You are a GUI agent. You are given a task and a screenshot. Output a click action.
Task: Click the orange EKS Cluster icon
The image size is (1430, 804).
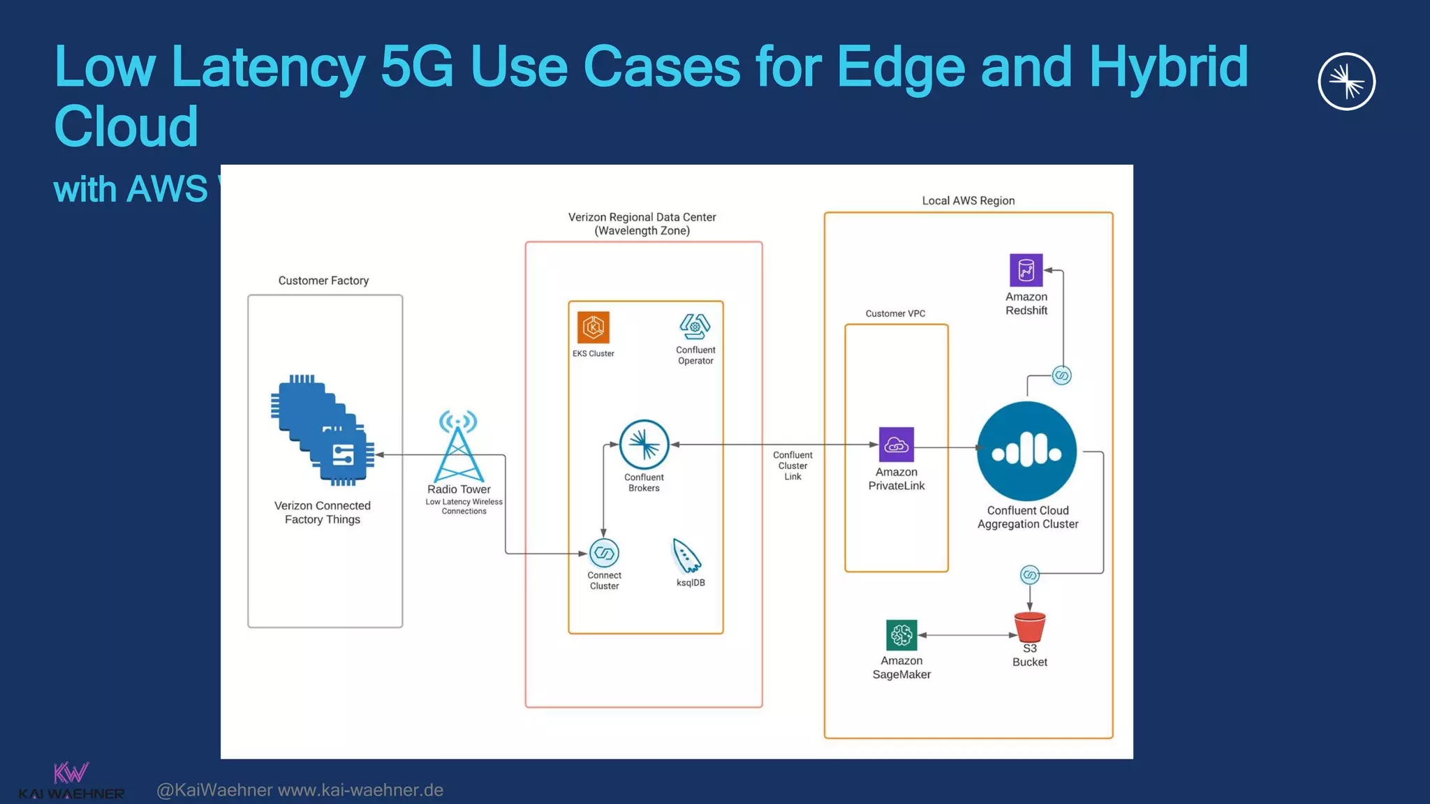click(593, 327)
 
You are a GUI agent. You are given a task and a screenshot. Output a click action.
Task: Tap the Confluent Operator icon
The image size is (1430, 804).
click(695, 327)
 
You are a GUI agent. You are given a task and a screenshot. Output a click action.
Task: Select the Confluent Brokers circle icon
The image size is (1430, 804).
click(644, 445)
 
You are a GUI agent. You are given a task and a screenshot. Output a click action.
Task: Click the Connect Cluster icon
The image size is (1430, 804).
click(604, 553)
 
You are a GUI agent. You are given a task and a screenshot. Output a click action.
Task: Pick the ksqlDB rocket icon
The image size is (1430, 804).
click(686, 556)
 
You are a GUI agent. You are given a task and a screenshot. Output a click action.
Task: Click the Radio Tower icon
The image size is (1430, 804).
click(458, 446)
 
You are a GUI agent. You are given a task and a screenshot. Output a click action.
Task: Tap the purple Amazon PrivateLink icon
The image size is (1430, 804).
click(896, 445)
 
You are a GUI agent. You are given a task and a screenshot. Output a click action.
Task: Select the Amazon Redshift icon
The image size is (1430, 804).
click(1026, 270)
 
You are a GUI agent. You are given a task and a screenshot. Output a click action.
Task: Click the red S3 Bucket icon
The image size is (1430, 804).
click(1029, 627)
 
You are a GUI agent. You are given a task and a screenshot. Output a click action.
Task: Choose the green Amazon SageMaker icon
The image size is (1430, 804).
click(901, 635)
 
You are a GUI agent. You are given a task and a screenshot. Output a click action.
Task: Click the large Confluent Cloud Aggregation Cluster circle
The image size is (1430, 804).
click(1026, 451)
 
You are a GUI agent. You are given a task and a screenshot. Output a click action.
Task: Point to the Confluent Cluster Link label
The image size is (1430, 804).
click(793, 466)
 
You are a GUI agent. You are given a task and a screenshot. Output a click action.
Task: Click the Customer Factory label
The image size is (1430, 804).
click(323, 281)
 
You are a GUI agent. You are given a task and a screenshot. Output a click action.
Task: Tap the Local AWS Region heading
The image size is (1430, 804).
click(968, 201)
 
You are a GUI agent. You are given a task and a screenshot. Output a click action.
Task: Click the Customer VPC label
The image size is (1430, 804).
click(895, 313)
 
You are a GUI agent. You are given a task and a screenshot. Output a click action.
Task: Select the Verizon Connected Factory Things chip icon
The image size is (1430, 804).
click(323, 430)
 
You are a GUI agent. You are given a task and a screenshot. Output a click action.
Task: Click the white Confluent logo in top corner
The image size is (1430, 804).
click(1346, 82)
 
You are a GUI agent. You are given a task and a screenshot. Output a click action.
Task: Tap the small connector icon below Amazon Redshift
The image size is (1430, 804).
click(1061, 375)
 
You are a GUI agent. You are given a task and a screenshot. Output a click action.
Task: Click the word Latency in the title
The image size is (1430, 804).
click(267, 67)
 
